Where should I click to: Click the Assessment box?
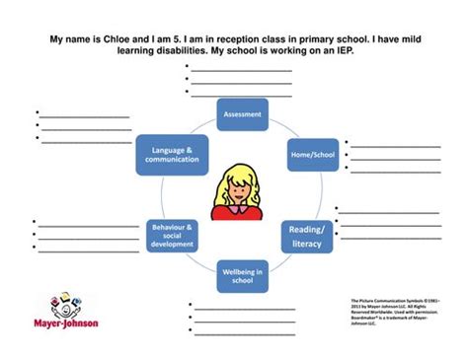241,114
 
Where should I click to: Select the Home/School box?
305,155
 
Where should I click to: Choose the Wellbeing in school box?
241,275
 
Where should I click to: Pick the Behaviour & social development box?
172,235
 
